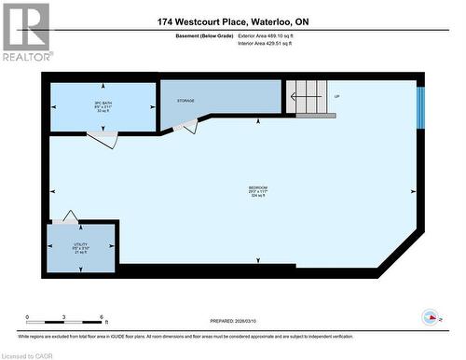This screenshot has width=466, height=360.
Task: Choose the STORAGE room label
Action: tap(186, 99)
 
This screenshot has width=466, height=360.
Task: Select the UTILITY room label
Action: tap(81, 243)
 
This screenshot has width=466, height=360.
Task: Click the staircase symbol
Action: tap(307, 96)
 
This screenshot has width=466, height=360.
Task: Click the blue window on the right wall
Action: tap(420, 108)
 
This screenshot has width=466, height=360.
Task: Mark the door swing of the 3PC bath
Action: tap(102, 139)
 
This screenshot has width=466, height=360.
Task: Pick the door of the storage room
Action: tap(189, 126)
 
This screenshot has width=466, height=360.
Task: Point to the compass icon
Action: tap(432, 315)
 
